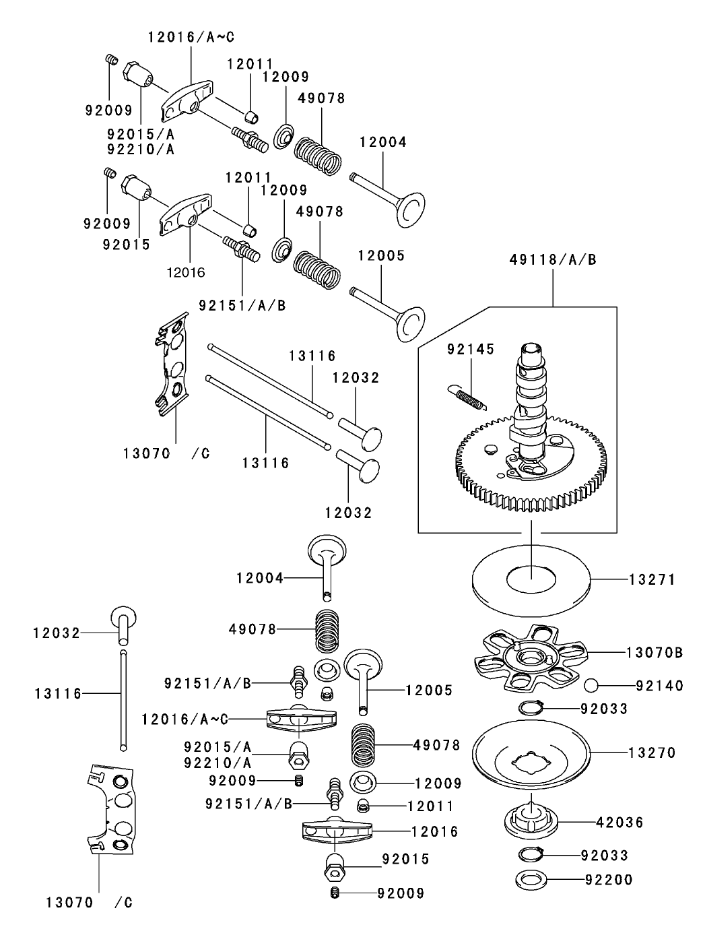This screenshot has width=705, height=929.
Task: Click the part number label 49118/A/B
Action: [x=553, y=259]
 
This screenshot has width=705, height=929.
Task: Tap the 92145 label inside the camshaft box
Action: [x=471, y=349]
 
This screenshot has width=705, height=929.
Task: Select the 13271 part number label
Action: [x=652, y=579]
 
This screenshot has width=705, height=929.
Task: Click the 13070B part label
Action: [x=654, y=652]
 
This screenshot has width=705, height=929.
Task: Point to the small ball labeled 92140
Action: [x=592, y=685]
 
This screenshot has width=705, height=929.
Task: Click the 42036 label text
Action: [x=619, y=822]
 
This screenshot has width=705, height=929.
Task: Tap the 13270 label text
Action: [x=652, y=752]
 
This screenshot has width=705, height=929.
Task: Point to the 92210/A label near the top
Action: [x=140, y=150]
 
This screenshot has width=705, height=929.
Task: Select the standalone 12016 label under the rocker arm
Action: [x=186, y=272]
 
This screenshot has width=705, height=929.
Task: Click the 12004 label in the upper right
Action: [x=383, y=142]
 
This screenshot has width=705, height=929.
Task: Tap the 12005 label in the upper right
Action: [x=381, y=256]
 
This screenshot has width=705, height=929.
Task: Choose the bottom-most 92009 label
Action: [x=401, y=893]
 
